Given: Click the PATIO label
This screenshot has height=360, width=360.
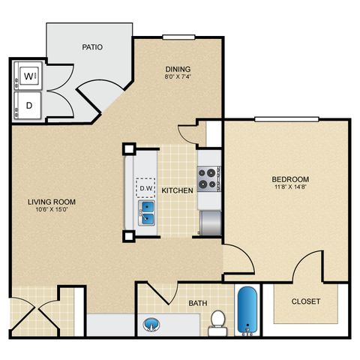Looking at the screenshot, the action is click(92, 47).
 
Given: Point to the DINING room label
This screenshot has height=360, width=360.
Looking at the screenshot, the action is click(178, 69).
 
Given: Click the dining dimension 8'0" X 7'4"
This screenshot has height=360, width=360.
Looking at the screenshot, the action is click(178, 76).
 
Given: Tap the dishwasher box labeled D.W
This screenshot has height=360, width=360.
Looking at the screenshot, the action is click(145, 187).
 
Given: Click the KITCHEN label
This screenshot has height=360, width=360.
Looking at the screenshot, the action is click(177, 190).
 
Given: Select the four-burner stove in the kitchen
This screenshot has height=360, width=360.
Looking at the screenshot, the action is click(209, 178).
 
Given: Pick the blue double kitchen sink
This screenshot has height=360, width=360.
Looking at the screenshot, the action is click(146, 213).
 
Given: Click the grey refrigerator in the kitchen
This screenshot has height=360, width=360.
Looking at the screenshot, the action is click(211, 223).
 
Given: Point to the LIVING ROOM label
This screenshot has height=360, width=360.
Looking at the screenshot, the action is click(52, 202).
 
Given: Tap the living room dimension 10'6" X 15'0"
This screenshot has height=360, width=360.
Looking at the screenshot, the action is click(52, 209).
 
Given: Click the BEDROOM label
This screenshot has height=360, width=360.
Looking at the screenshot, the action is click(290, 179).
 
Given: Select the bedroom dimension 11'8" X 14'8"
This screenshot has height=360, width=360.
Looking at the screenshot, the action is click(290, 187).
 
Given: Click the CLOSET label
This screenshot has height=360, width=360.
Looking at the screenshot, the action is click(306, 301).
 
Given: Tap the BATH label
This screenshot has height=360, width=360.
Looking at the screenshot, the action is click(198, 303).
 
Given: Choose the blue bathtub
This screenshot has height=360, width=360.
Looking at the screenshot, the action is click(247, 310).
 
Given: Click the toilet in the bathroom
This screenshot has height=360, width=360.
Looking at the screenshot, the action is click(217, 323).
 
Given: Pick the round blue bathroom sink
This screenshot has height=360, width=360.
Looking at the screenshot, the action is click(151, 325).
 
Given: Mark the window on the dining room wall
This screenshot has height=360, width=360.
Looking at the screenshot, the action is click(178, 37).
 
